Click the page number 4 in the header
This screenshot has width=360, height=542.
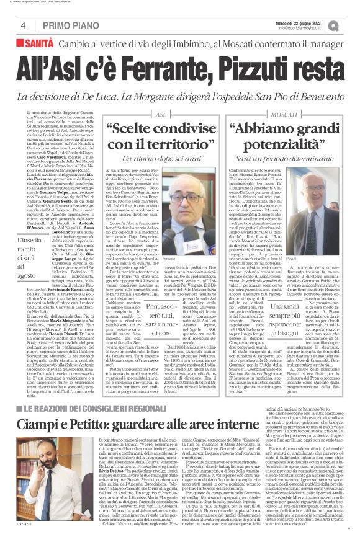[22, 25]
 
